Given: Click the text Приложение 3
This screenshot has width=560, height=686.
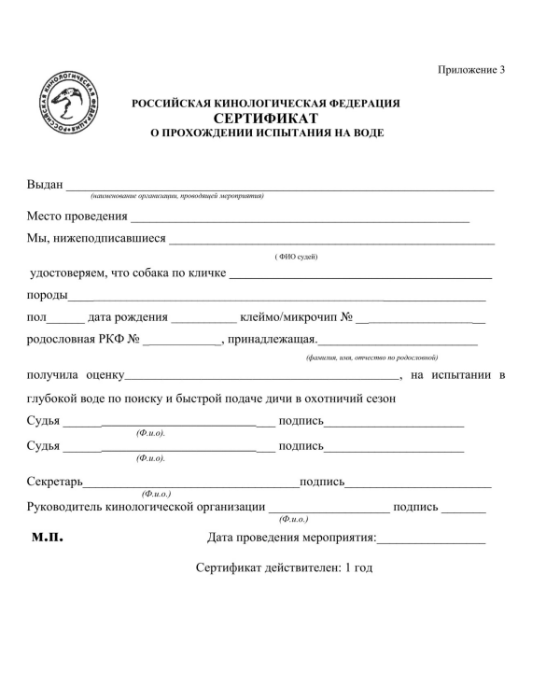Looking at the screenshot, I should point(470,70).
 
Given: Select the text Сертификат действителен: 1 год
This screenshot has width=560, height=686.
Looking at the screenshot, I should point(284,567).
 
